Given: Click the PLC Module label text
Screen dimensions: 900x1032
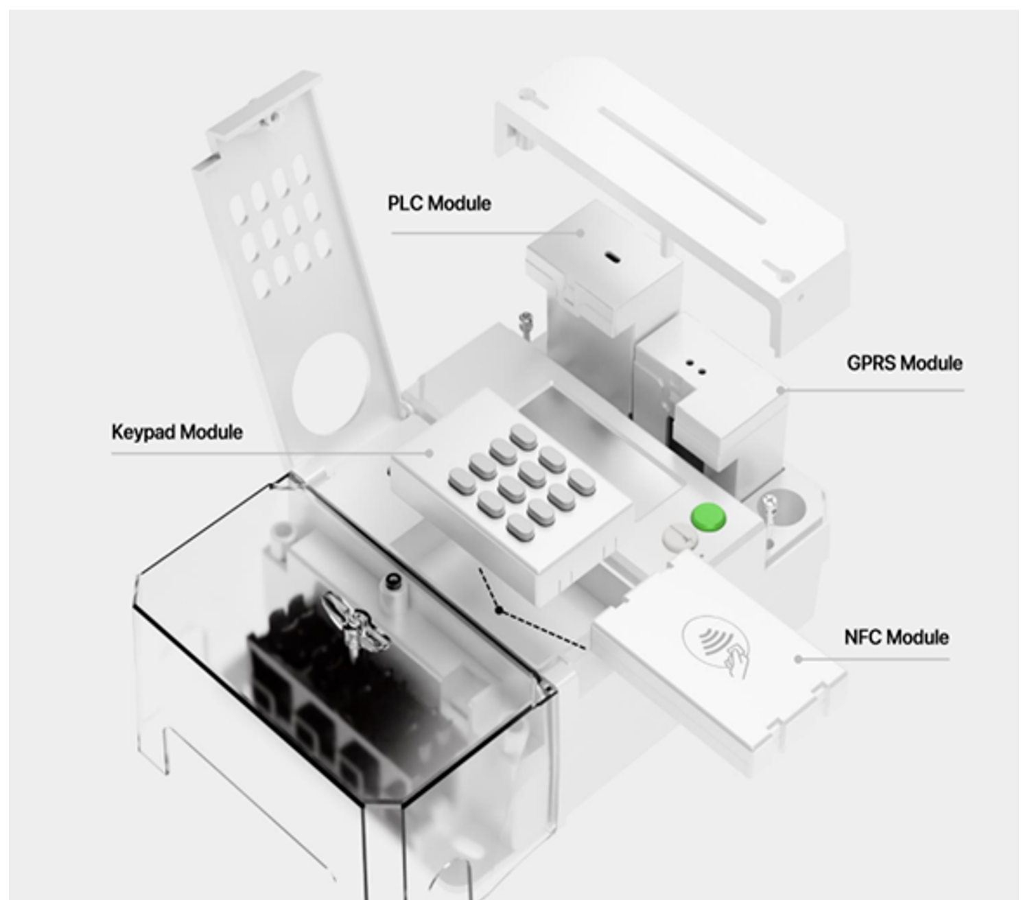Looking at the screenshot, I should (x=439, y=204).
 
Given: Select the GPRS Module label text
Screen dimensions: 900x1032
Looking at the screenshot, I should (x=904, y=363).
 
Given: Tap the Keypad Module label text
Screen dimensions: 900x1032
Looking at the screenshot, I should (x=177, y=432).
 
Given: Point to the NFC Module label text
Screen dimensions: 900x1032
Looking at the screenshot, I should (x=896, y=637).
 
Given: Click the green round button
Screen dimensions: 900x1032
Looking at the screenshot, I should (x=707, y=517).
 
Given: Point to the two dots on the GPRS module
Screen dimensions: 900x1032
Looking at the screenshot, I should (x=695, y=366).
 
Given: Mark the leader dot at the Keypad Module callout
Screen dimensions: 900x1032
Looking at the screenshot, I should (x=430, y=453).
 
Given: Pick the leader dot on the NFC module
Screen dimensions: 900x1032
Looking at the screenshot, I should (x=798, y=659).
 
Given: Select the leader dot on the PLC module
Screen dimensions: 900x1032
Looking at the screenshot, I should (x=580, y=233).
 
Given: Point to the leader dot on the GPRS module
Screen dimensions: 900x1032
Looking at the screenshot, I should (x=781, y=390).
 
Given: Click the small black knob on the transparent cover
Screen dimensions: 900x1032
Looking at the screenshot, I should (x=392, y=580).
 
